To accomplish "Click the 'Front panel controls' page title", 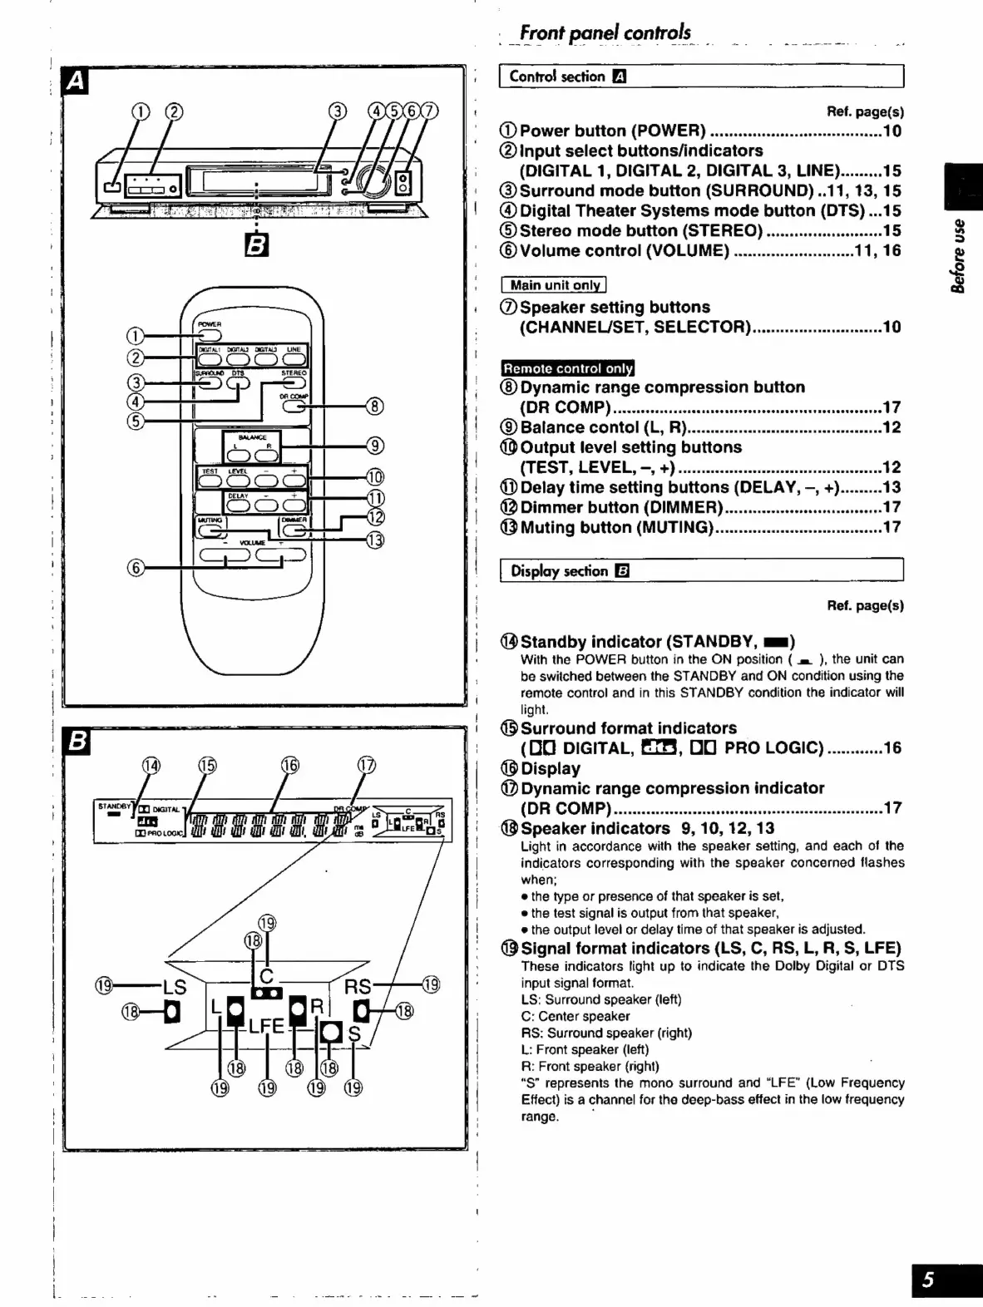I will tap(605, 32).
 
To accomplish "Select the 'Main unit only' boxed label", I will tap(554, 285).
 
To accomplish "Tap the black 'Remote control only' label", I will tap(568, 368).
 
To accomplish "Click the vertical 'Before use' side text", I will tap(960, 256).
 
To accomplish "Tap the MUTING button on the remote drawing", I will tap(210, 529).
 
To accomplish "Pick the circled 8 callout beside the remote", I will tap(376, 406).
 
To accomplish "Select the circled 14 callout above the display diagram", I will tap(151, 765).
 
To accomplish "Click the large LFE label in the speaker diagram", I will tap(266, 1027).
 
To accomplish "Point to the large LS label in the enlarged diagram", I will tap(175, 988).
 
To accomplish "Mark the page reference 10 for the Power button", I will tap(892, 131).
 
